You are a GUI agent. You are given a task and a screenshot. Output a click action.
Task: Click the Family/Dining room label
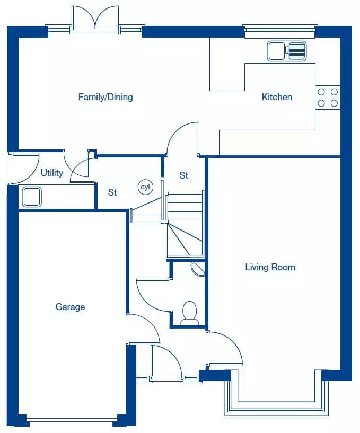106,97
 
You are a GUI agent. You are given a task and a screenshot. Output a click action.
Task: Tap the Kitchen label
277,97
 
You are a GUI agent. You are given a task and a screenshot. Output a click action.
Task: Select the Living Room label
270,267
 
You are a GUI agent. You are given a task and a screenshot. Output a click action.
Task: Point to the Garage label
70,307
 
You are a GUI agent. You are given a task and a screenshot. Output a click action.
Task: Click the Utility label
52,173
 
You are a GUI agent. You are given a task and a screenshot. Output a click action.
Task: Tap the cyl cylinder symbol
145,187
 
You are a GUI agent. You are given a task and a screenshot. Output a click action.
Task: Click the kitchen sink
287,51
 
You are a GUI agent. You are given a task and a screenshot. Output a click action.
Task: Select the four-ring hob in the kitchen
328,98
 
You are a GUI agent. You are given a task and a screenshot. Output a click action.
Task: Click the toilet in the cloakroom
189,313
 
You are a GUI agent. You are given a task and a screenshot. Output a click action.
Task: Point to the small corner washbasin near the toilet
198,269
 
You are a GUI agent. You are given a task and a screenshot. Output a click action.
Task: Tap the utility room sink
32,197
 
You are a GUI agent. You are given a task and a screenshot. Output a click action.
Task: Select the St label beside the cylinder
112,192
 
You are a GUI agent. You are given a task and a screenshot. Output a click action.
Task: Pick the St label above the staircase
184,175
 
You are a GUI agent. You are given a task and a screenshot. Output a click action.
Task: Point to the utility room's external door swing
24,169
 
